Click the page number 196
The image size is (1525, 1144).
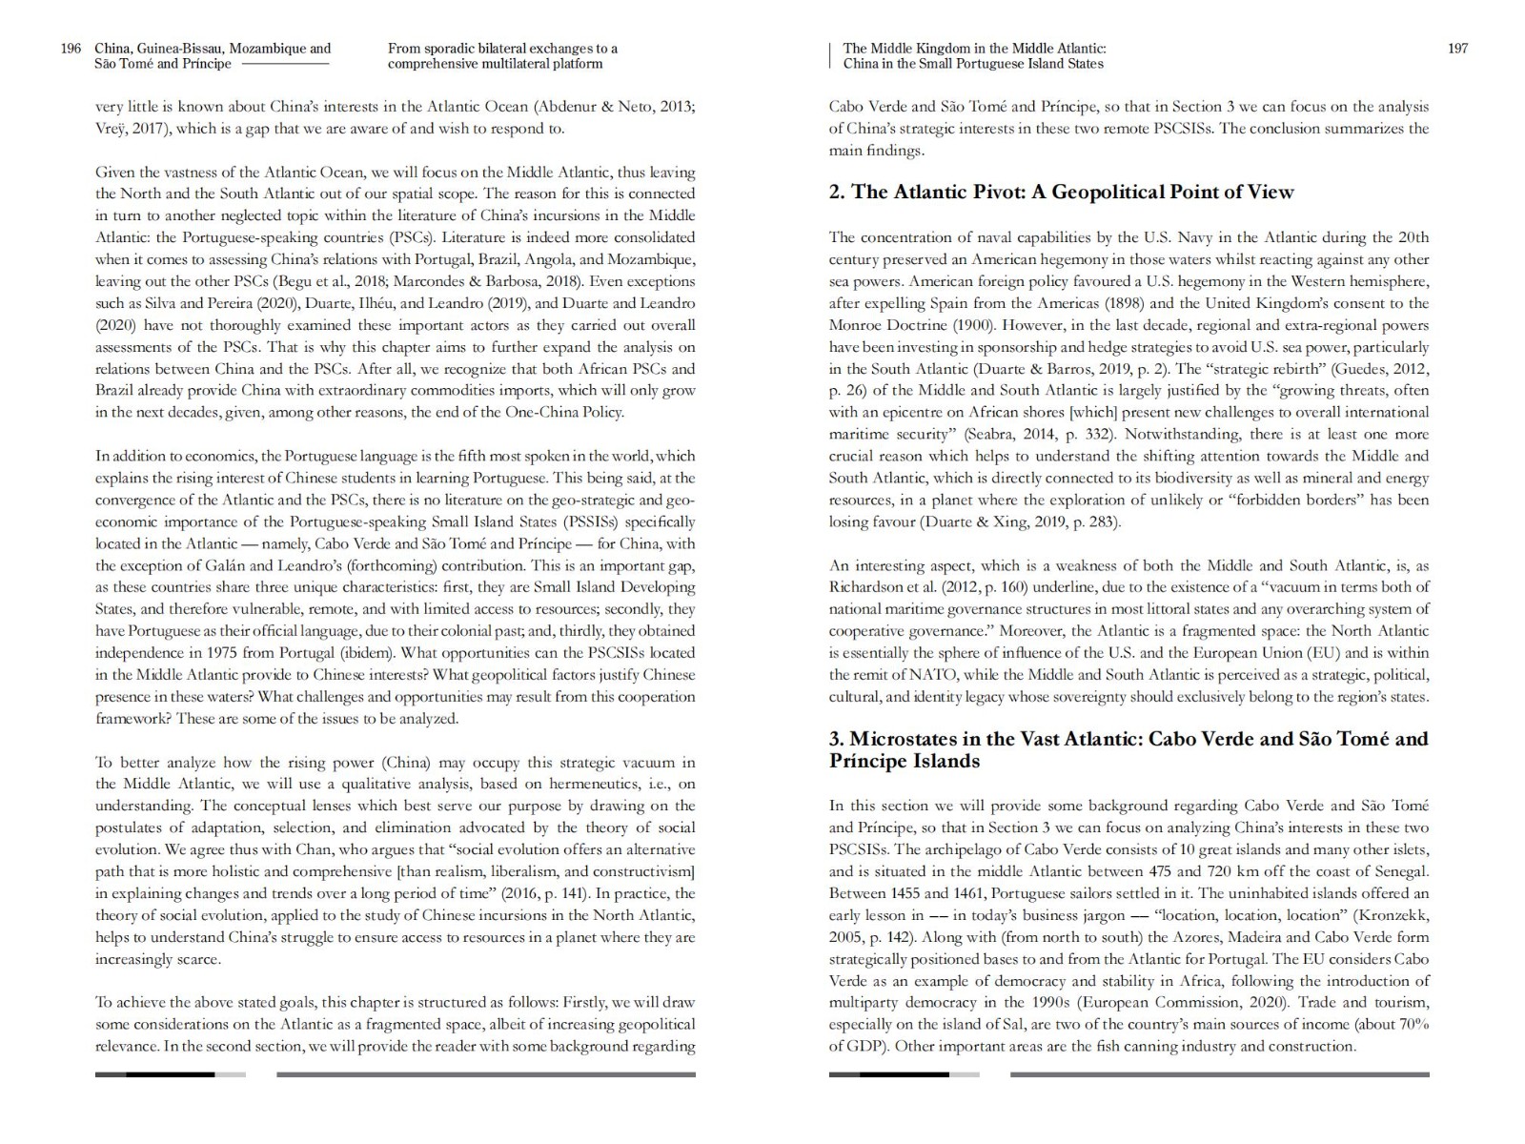[71, 49]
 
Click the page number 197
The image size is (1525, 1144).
[1457, 49]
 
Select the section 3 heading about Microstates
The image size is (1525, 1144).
[1128, 749]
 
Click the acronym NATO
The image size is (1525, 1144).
[935, 675]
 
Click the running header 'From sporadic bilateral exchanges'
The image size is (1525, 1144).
[502, 49]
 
